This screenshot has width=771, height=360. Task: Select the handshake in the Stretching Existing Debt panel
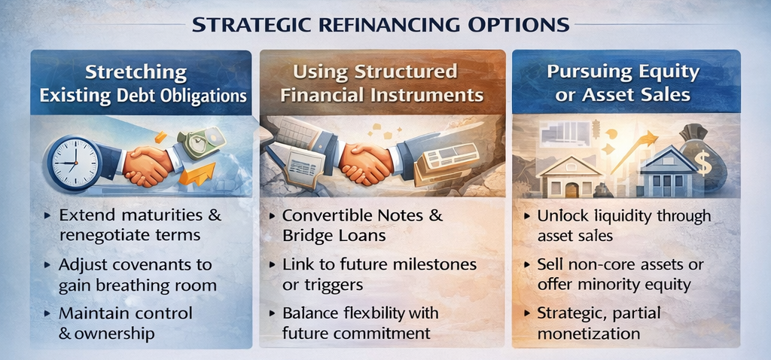[147, 165]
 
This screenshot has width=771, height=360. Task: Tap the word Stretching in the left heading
[136, 73]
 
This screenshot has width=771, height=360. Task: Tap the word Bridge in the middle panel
[306, 236]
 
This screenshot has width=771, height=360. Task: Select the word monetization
[589, 334]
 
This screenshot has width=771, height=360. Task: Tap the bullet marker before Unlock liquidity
[528, 216]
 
